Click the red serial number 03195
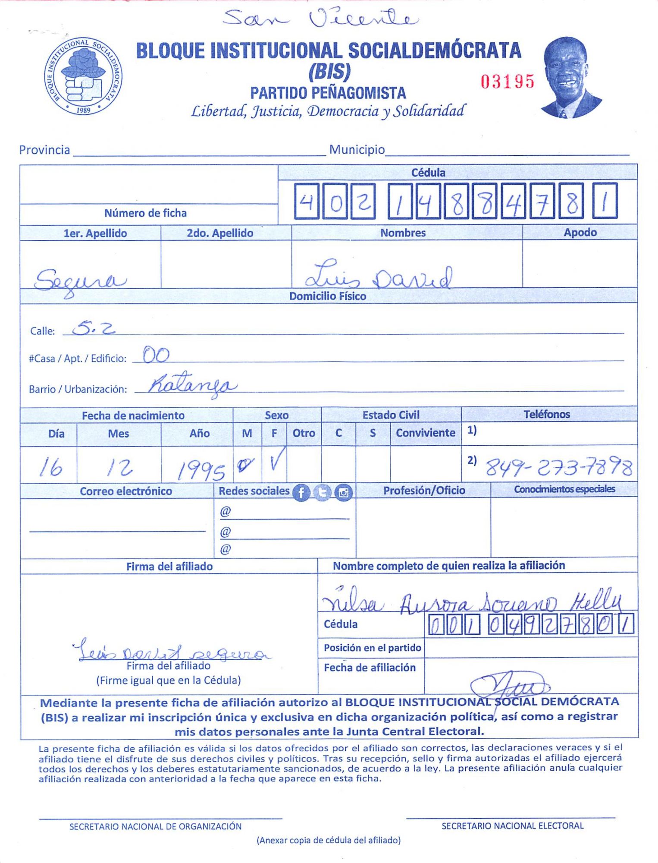[508, 81]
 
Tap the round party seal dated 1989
[83, 76]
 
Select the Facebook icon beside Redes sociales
[301, 492]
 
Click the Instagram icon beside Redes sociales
[344, 492]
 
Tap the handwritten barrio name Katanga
[192, 385]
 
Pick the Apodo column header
[580, 233]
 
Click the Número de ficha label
[145, 213]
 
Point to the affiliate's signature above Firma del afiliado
[170, 652]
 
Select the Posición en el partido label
[372, 648]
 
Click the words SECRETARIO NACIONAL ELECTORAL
[512, 826]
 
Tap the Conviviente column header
[425, 433]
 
